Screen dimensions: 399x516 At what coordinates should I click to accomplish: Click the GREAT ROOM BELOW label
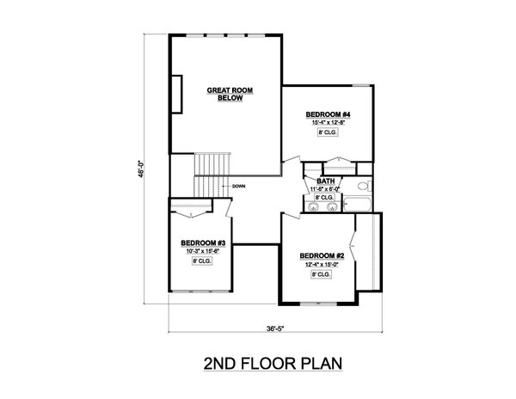click(226, 94)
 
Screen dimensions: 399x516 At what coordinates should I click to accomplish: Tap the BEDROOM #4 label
click(327, 114)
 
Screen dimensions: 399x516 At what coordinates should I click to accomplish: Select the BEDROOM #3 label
click(203, 242)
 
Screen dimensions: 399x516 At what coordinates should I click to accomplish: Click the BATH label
click(325, 181)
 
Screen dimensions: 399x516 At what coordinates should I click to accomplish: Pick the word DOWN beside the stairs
click(239, 186)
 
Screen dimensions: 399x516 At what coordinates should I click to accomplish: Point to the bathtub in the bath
click(357, 205)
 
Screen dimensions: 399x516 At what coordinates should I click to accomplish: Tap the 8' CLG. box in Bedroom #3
click(202, 261)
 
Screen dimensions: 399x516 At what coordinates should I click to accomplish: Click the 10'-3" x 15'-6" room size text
click(202, 251)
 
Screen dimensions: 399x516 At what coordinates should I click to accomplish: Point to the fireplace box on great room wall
click(175, 94)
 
